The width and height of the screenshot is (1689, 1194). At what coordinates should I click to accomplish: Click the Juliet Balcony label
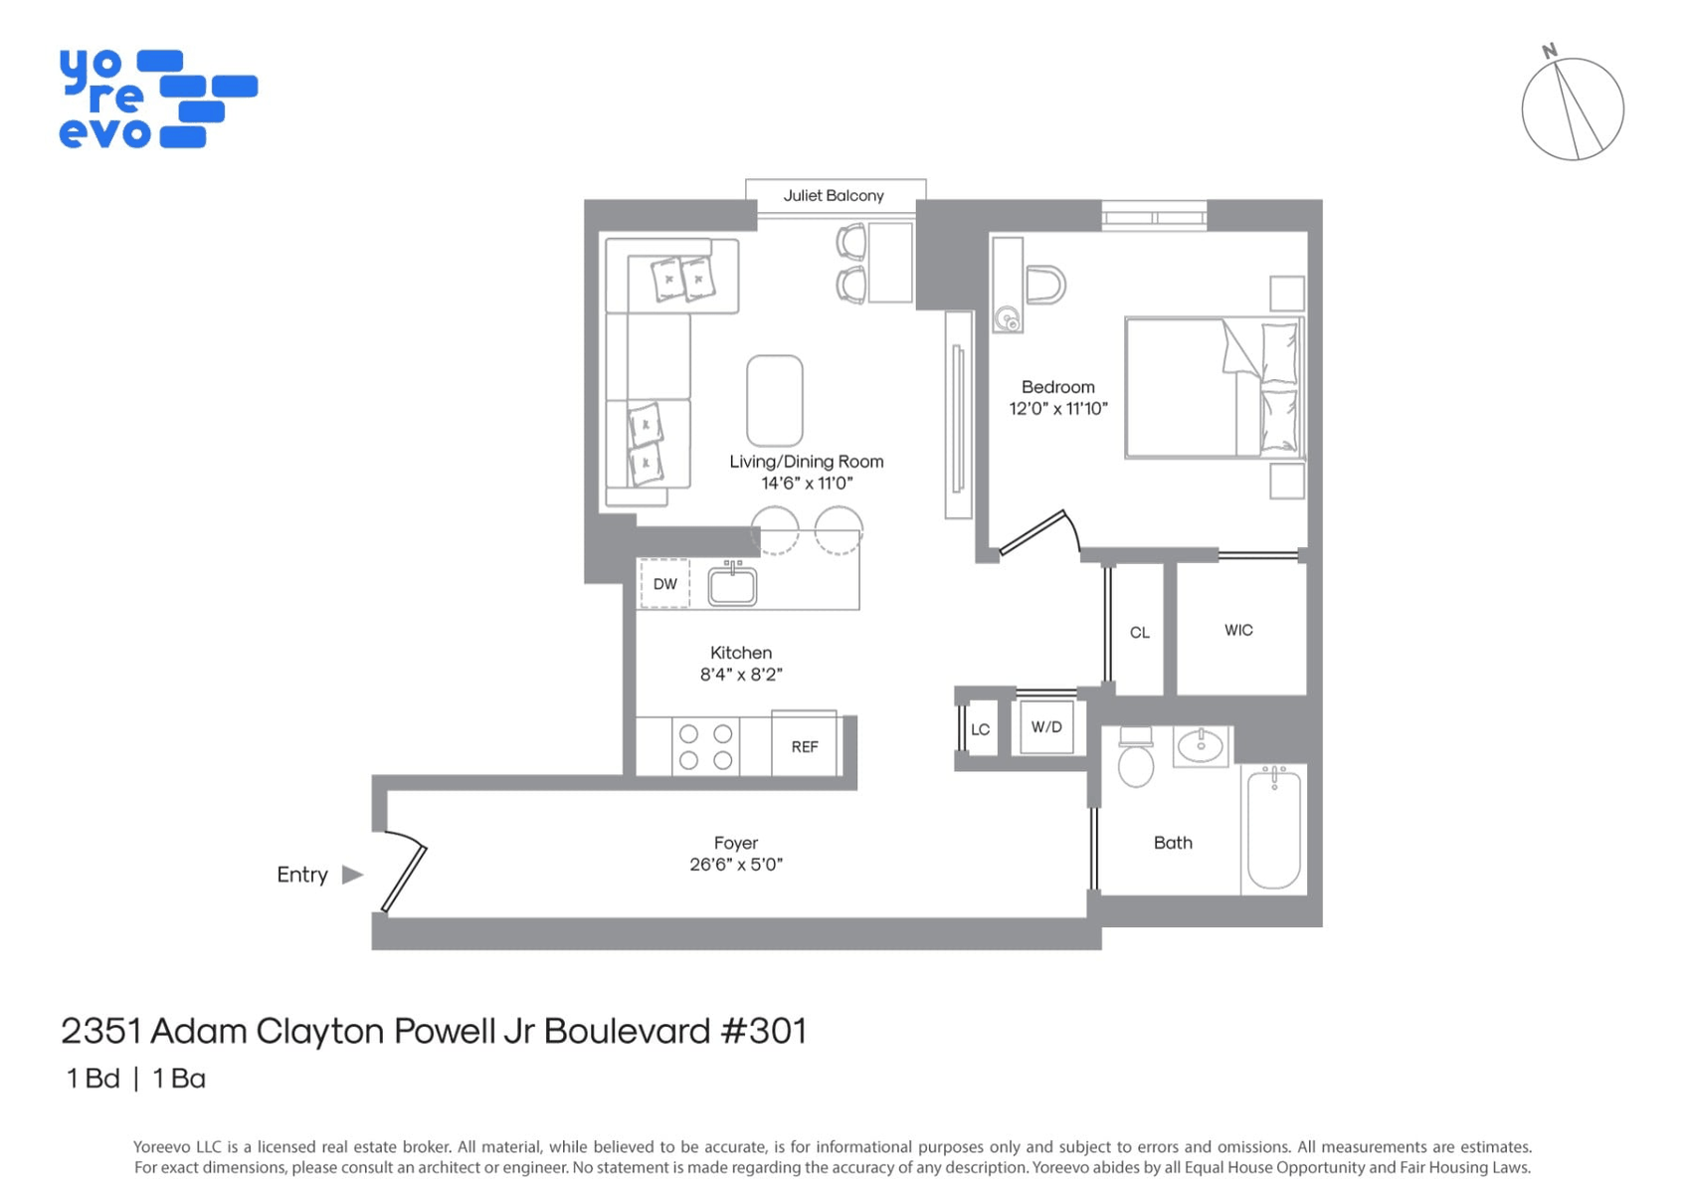(834, 195)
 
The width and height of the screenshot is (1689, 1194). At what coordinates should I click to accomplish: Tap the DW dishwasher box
(664, 583)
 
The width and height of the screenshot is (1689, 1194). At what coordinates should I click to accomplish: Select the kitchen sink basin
(732, 586)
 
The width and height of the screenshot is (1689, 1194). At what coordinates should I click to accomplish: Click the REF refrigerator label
(805, 746)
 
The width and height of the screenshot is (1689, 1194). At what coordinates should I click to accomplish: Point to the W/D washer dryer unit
(1046, 727)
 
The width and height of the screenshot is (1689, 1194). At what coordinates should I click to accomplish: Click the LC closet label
(980, 729)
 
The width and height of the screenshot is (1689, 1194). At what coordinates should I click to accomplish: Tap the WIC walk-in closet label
(1238, 630)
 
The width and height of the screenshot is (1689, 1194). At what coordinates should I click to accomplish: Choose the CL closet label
(1139, 632)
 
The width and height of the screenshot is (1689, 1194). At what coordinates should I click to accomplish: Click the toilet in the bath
(1136, 757)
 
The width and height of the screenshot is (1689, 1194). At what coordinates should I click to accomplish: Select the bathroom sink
(1201, 746)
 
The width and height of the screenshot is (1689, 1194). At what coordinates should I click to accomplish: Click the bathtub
(1273, 828)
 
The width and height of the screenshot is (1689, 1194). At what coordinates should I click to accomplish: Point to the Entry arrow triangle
(352, 875)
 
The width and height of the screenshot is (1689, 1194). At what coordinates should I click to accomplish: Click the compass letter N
(1550, 51)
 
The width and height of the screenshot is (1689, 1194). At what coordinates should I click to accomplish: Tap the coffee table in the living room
(775, 401)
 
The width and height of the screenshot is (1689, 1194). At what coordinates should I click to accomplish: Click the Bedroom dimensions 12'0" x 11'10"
(1058, 409)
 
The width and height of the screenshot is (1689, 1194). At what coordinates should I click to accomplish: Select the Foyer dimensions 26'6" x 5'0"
(736, 865)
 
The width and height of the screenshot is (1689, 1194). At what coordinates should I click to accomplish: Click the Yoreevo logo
(158, 99)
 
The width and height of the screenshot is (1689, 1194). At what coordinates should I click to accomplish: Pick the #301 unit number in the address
(763, 1031)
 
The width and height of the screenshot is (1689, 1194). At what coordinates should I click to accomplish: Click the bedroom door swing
(1039, 531)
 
